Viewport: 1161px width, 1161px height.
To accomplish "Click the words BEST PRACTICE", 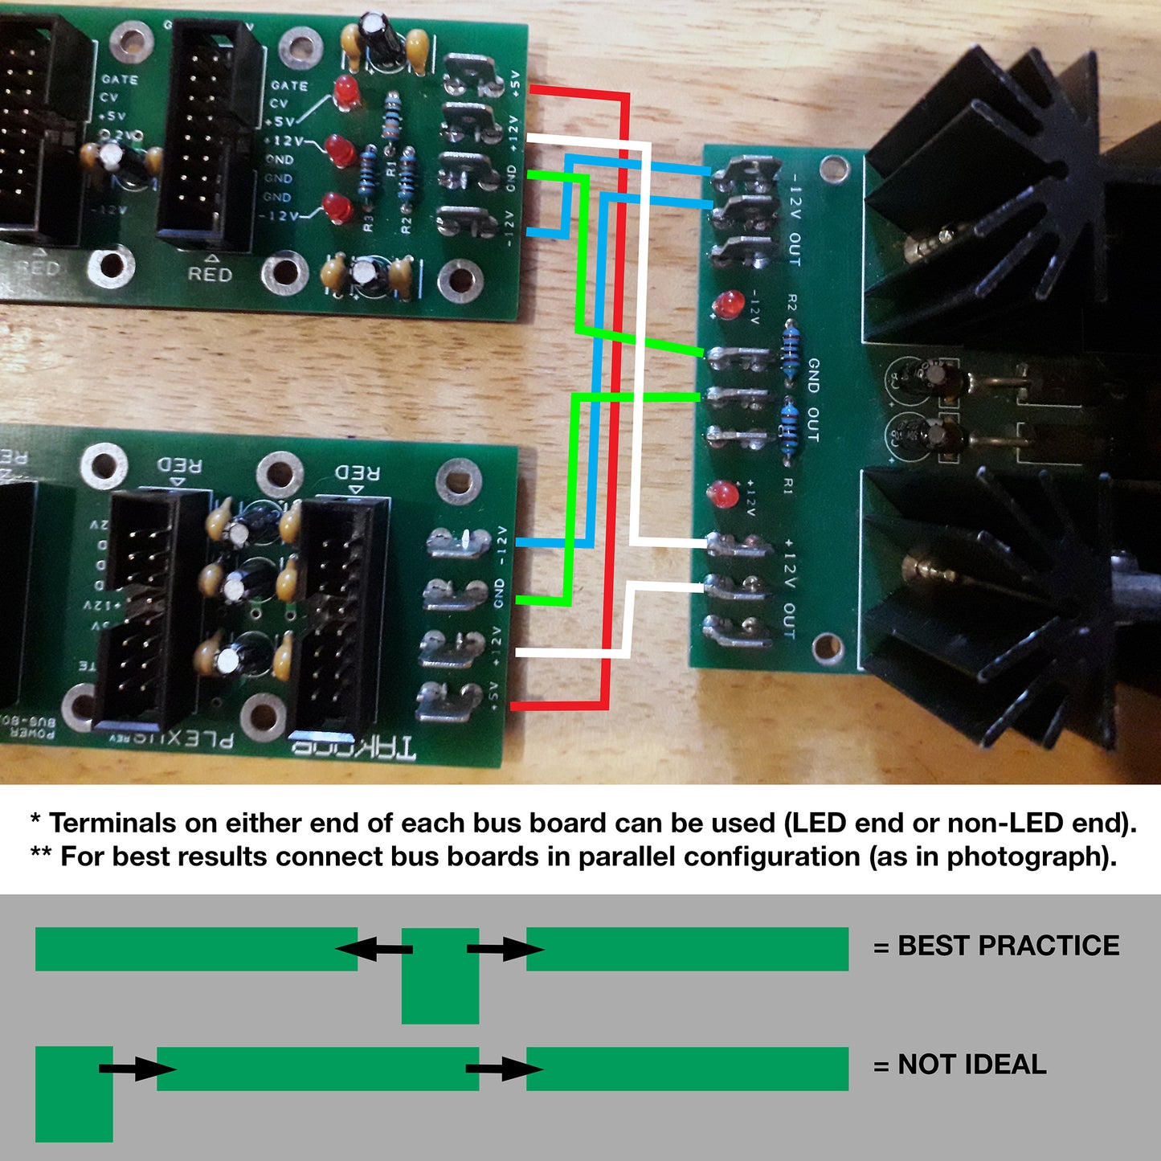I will (x=1008, y=946).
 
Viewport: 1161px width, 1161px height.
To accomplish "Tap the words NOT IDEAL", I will (x=971, y=1065).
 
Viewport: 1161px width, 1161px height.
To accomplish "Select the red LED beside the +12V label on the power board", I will (x=722, y=493).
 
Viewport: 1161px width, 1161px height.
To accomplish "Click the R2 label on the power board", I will (x=791, y=303).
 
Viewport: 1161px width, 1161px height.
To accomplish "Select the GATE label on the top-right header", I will (x=289, y=85).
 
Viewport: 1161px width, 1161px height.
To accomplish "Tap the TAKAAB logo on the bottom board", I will (x=354, y=749).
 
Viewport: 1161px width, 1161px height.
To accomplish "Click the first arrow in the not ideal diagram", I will (x=137, y=1069).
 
